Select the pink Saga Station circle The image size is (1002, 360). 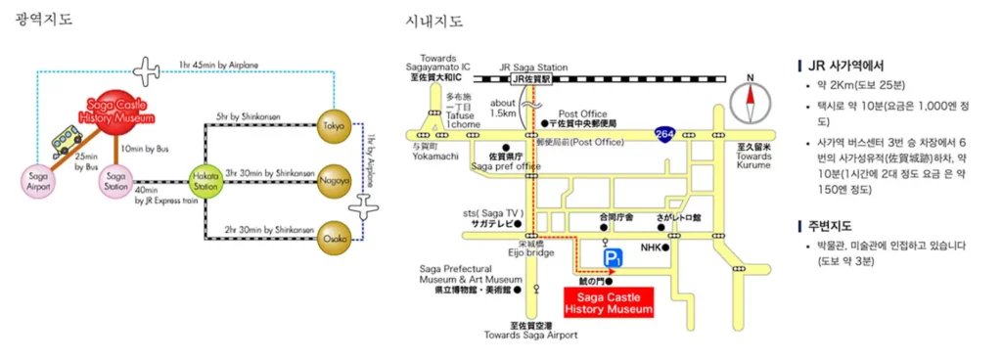coord(116,180)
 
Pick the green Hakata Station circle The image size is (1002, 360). coord(205,180)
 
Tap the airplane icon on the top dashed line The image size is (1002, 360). coord(146,70)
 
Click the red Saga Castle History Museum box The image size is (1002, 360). coord(608,302)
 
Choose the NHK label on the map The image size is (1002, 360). coord(652,247)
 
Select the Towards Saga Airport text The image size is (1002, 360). coord(530,335)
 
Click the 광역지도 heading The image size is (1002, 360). coord(44,20)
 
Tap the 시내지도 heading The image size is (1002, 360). coord(434,20)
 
